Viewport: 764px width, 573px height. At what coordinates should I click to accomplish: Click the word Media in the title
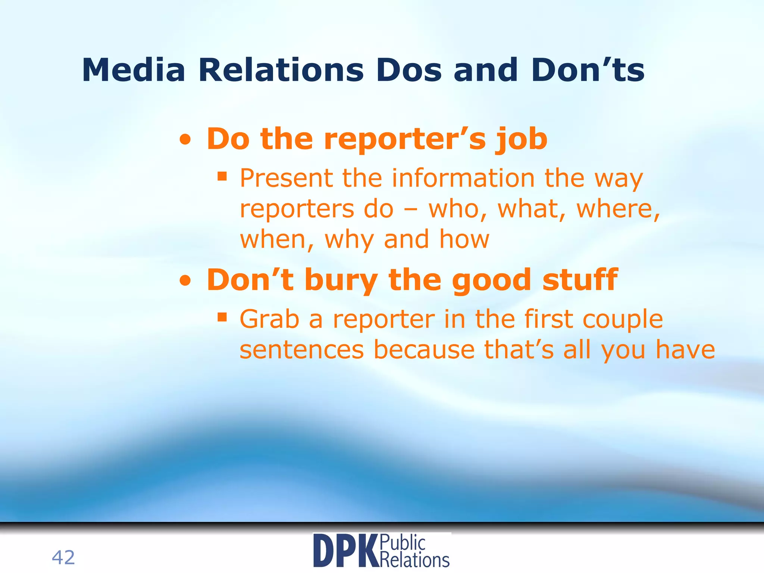[x=134, y=70]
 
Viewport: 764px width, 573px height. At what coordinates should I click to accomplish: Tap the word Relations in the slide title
[x=281, y=70]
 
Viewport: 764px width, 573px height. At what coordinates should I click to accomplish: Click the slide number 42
[x=63, y=558]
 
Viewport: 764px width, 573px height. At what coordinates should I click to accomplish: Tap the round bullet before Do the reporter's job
[x=185, y=141]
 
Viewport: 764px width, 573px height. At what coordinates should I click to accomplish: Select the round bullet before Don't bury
[x=185, y=282]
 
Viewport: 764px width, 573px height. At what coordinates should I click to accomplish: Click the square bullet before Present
[x=222, y=176]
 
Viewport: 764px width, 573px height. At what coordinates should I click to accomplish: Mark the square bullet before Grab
[x=222, y=317]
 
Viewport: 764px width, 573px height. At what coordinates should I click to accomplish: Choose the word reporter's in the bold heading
[x=405, y=139]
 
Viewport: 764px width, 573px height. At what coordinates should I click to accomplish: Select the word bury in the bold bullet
[x=341, y=281]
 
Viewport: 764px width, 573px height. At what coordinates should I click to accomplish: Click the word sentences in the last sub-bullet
[x=301, y=350]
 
